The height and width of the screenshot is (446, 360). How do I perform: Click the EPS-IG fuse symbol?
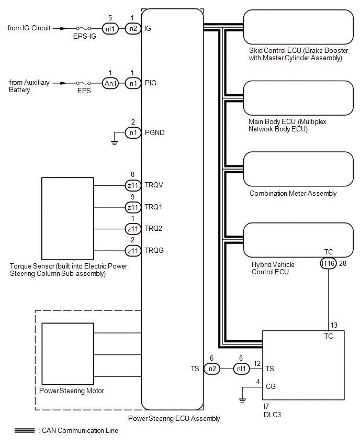84,28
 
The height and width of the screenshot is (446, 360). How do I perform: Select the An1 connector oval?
110,83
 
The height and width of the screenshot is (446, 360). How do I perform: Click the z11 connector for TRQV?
133,185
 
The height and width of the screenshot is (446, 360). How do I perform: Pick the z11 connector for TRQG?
133,251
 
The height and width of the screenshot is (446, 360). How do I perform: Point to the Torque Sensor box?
67,218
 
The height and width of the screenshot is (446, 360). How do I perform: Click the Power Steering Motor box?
67,354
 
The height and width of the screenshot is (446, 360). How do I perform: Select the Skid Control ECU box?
298,27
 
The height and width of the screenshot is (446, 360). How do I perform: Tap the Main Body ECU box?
298,98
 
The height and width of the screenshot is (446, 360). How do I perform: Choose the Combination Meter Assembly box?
298,169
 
